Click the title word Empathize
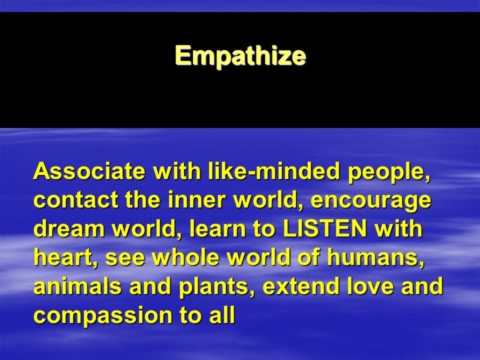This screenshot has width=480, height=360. [240, 56]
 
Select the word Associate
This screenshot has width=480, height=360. [89, 171]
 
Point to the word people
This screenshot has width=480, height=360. [389, 173]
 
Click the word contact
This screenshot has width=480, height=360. [75, 199]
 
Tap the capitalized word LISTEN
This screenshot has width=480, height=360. [325, 228]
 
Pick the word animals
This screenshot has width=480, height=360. [77, 286]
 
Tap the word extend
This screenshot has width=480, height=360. [301, 286]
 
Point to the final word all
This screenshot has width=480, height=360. [222, 314]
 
